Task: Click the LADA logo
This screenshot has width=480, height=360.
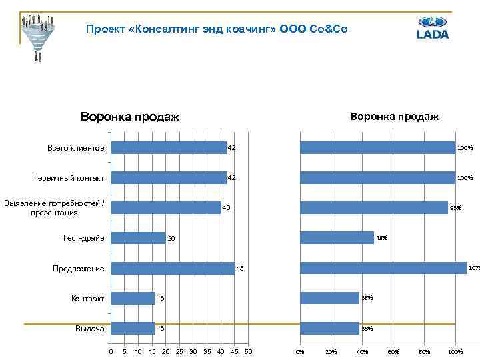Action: (433, 27)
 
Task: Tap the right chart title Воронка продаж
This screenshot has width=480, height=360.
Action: (395, 117)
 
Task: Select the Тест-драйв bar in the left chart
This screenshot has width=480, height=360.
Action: (138, 238)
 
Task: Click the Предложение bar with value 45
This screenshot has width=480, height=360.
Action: (173, 268)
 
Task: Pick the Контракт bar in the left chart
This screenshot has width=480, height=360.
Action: (133, 298)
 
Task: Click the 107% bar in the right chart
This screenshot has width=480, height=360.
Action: (383, 268)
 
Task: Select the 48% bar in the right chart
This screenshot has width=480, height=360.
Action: (337, 238)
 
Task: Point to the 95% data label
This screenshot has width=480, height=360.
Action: (455, 208)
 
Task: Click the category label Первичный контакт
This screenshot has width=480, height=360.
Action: (68, 178)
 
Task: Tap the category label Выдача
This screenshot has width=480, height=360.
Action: (89, 329)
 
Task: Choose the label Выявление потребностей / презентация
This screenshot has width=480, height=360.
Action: (54, 207)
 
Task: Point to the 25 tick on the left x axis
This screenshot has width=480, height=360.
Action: (179, 351)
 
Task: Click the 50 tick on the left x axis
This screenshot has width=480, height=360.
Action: (249, 351)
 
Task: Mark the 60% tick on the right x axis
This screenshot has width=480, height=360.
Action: (393, 351)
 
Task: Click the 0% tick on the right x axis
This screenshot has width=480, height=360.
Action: (300, 351)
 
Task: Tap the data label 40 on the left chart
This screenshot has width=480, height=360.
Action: (227, 208)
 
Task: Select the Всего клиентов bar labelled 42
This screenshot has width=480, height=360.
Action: (169, 147)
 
